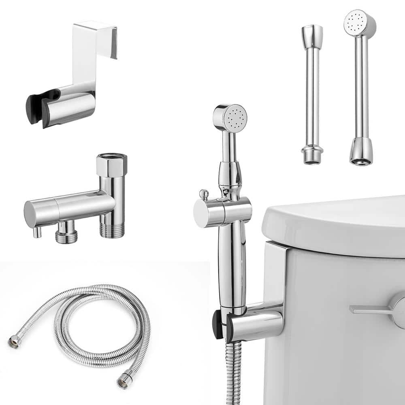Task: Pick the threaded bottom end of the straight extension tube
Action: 312,156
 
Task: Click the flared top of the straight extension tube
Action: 312,32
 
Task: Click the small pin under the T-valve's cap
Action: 37,232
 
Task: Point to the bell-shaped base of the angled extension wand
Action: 360,151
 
